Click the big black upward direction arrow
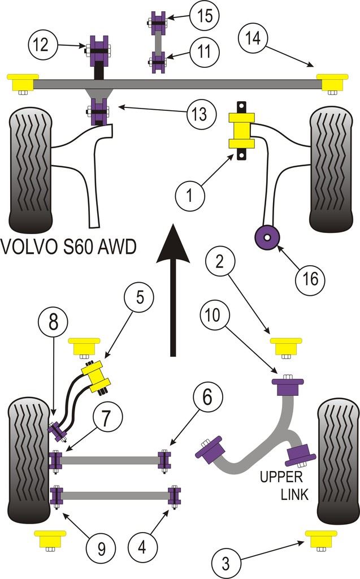173,288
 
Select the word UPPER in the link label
281,477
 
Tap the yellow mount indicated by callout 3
320,538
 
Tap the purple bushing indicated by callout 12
99,47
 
